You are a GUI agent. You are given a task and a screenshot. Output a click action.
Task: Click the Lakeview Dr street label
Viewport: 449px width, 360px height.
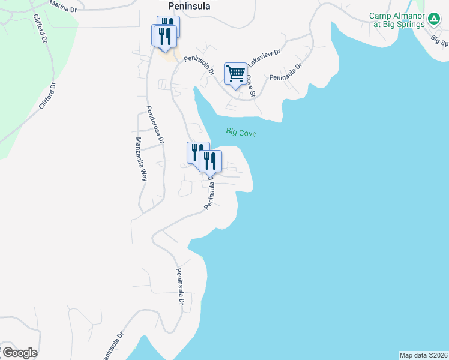[264, 58]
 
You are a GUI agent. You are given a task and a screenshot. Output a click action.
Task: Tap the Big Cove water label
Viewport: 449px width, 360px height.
[241, 132]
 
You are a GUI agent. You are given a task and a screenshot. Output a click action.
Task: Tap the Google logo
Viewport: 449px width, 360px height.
[19, 353]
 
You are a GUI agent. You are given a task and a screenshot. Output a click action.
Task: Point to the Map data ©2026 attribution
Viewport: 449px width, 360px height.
[423, 355]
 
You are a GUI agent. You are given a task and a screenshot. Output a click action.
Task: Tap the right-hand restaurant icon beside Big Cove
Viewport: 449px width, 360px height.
[210, 160]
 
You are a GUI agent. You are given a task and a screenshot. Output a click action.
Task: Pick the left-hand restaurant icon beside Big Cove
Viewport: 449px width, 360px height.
[197, 152]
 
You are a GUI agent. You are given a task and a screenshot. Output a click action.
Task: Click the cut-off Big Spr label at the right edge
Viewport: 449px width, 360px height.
[440, 40]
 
